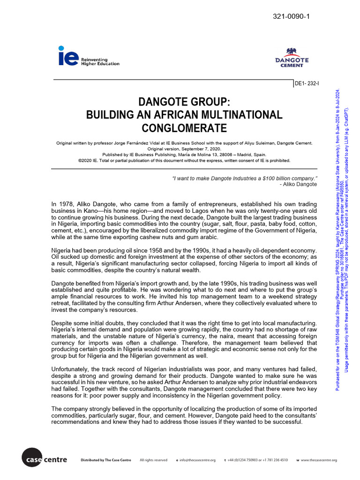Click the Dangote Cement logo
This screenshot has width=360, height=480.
(x=291, y=58)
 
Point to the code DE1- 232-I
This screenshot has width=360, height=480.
(x=306, y=84)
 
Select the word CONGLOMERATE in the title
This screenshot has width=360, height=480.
(x=184, y=128)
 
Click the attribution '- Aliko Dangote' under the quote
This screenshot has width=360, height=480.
(x=298, y=184)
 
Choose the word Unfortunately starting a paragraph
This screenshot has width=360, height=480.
(x=69, y=369)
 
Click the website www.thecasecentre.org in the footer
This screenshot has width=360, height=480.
(x=319, y=460)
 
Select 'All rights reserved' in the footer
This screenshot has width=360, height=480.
(x=153, y=460)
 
